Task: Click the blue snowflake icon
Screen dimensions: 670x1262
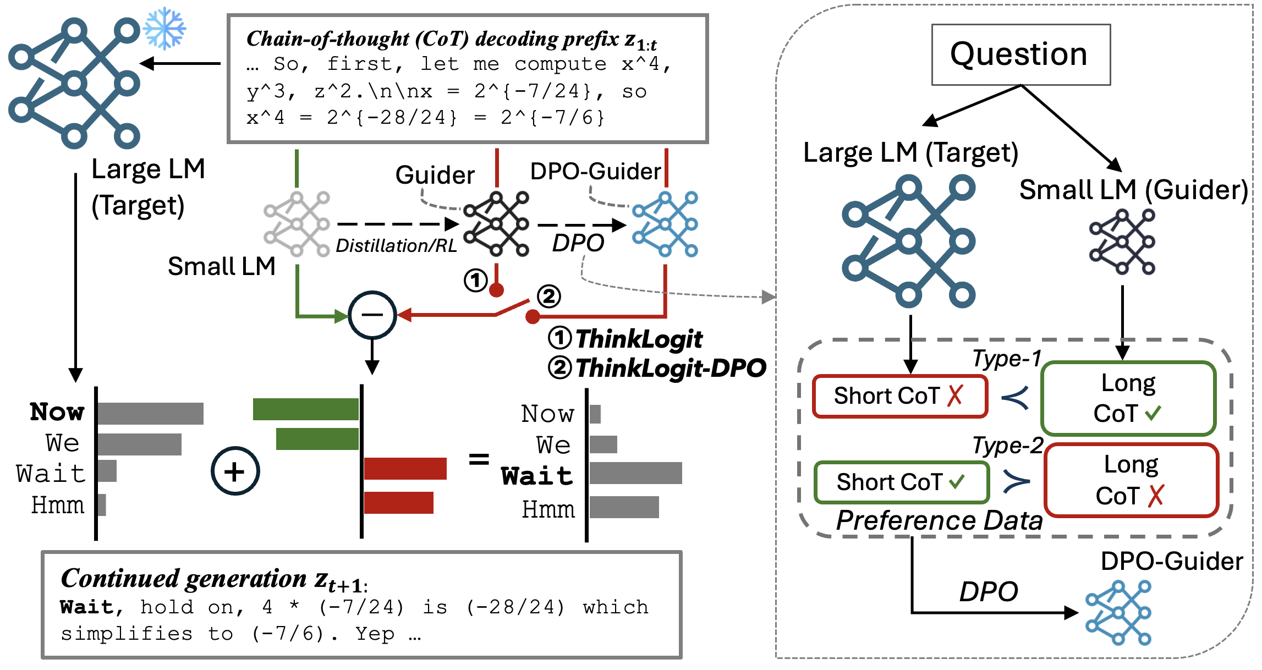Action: (x=164, y=29)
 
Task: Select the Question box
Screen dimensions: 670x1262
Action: (x=1020, y=54)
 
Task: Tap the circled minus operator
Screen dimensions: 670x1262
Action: (x=372, y=315)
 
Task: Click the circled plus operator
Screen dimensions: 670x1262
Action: (x=235, y=471)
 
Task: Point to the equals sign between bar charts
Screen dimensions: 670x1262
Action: (x=479, y=459)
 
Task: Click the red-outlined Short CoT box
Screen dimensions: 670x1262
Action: (x=900, y=396)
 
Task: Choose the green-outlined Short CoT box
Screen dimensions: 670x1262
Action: (x=901, y=482)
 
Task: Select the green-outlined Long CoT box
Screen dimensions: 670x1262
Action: (x=1128, y=398)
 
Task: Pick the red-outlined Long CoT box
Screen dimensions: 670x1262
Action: (x=1131, y=480)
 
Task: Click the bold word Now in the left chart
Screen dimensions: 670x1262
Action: (x=57, y=412)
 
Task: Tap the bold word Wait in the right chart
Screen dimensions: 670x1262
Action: (x=537, y=476)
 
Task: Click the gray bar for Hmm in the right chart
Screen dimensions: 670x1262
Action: (x=624, y=507)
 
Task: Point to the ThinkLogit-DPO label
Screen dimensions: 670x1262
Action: (x=658, y=368)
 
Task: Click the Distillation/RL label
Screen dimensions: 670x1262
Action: (x=396, y=245)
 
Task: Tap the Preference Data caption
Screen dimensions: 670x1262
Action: (x=939, y=520)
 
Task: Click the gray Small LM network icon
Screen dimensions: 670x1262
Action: (x=297, y=224)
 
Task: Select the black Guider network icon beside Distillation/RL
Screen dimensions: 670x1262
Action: (x=496, y=224)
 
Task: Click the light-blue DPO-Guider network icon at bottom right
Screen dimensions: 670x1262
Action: (x=1118, y=612)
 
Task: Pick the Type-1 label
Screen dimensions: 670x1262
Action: (x=1007, y=359)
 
